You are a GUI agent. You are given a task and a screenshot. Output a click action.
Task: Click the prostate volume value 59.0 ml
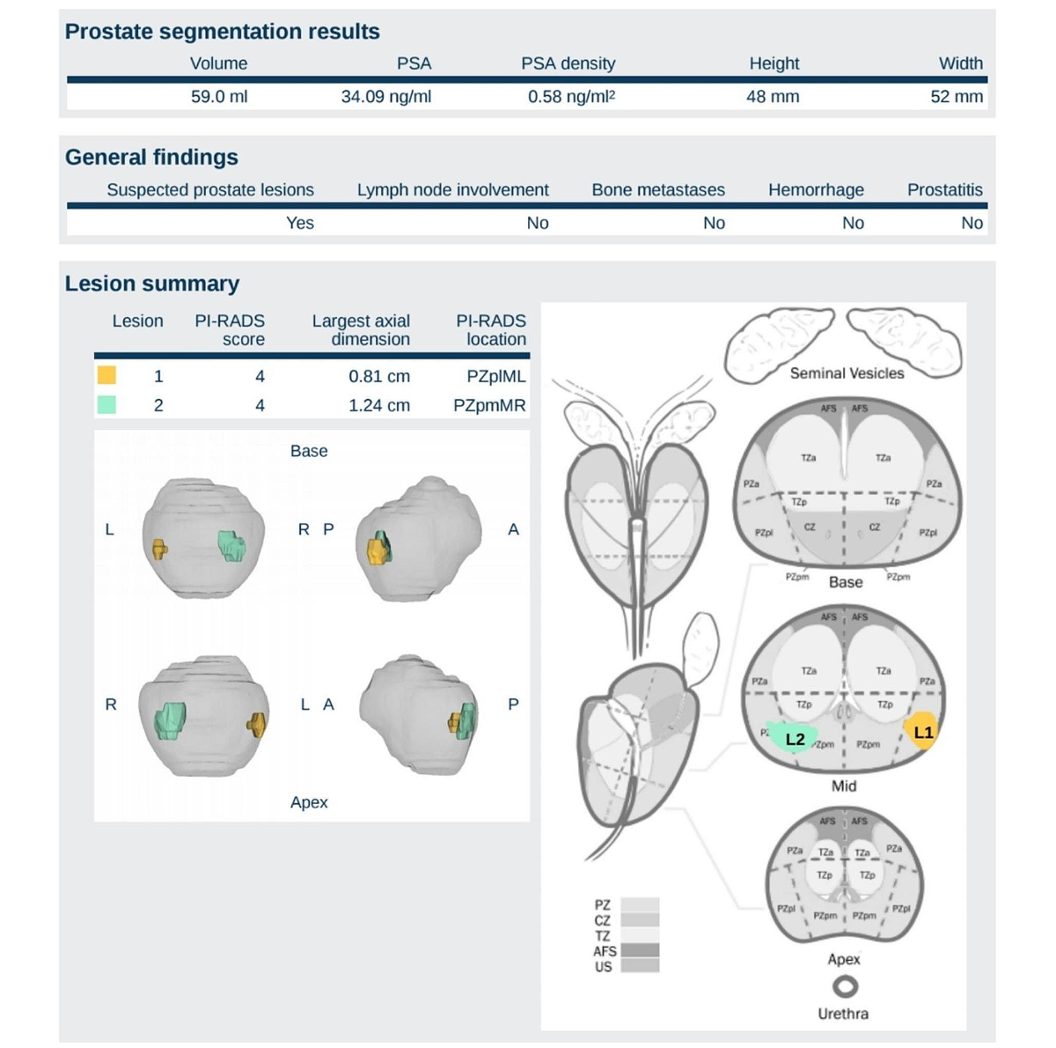[219, 97]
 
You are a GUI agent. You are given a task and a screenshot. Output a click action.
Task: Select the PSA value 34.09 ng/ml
[386, 97]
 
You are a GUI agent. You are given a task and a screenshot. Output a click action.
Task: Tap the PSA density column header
[568, 63]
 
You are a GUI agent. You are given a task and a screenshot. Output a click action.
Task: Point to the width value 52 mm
[957, 97]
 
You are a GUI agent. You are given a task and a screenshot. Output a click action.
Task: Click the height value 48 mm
[773, 97]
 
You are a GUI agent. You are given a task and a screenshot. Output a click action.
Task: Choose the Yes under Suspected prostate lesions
[299, 224]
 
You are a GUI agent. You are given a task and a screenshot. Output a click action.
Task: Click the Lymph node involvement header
[452, 190]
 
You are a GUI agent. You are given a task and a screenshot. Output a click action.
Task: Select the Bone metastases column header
[658, 190]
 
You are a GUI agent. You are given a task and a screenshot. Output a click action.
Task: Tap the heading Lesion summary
[152, 284]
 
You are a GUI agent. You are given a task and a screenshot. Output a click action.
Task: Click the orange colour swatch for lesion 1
[106, 376]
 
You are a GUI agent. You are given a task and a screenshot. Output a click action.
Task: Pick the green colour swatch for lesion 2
[106, 405]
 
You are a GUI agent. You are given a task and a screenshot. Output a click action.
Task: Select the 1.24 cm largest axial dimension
[378, 405]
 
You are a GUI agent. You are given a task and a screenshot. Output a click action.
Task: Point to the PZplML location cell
[496, 377]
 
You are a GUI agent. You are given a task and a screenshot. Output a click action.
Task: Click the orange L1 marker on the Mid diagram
[922, 733]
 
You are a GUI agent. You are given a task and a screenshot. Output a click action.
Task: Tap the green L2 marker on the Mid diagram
[794, 739]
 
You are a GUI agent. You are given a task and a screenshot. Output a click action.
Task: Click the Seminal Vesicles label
[847, 373]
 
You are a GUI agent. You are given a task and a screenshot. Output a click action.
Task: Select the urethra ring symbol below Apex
[845, 986]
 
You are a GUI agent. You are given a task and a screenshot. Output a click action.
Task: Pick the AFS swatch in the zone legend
[640, 951]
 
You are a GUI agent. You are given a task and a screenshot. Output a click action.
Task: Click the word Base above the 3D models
[309, 451]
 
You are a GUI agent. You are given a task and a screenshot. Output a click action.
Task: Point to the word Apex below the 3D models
[309, 802]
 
